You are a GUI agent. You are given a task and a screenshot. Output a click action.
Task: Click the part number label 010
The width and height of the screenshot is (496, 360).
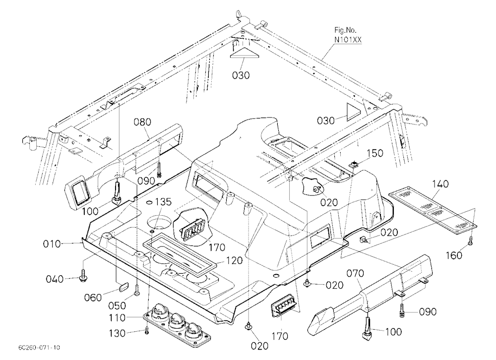52,244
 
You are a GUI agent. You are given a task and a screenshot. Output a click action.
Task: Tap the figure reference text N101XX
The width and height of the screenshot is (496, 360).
348,40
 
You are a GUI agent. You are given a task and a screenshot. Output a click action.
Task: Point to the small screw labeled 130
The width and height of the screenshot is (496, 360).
146,330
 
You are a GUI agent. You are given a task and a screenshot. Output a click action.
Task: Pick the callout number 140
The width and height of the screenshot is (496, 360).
440,183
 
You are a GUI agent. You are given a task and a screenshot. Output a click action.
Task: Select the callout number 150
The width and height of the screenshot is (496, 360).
374,153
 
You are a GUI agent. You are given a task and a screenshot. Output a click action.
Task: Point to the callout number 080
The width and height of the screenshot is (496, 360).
142,122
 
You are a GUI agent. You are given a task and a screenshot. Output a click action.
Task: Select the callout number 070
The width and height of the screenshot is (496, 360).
355,273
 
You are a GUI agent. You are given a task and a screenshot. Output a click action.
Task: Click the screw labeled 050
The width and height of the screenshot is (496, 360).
137,290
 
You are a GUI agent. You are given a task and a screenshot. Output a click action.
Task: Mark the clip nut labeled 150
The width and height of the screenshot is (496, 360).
353,164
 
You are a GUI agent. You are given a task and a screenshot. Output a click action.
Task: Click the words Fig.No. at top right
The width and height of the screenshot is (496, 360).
345,30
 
